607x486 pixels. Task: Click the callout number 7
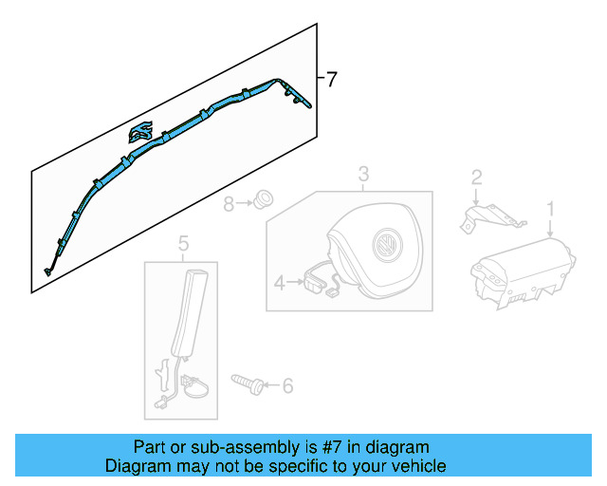[331, 80]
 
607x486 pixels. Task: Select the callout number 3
[362, 174]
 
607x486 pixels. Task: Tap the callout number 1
[549, 208]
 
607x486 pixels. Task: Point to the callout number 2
[477, 176]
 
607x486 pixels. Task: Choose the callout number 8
[229, 203]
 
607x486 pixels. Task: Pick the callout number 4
[279, 282]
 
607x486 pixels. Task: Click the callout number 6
[288, 385]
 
